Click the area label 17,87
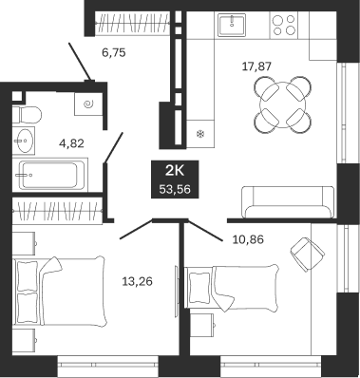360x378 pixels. click(256, 66)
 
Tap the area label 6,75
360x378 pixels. click(114, 52)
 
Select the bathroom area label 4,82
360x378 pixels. click(71, 143)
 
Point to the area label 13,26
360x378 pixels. click(137, 281)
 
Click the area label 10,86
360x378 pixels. click(248, 239)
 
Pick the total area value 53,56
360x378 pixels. click(175, 190)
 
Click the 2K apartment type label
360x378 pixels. click(175, 171)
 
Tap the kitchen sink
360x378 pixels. click(232, 25)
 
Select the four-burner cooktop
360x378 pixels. click(284, 25)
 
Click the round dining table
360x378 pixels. click(283, 104)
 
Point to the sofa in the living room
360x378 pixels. click(288, 201)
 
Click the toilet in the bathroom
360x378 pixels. click(27, 115)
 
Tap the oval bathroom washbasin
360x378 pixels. click(24, 141)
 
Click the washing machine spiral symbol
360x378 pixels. click(88, 104)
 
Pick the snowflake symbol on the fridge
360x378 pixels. click(200, 134)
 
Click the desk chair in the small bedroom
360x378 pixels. click(307, 254)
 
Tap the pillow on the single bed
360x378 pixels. click(199, 288)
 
